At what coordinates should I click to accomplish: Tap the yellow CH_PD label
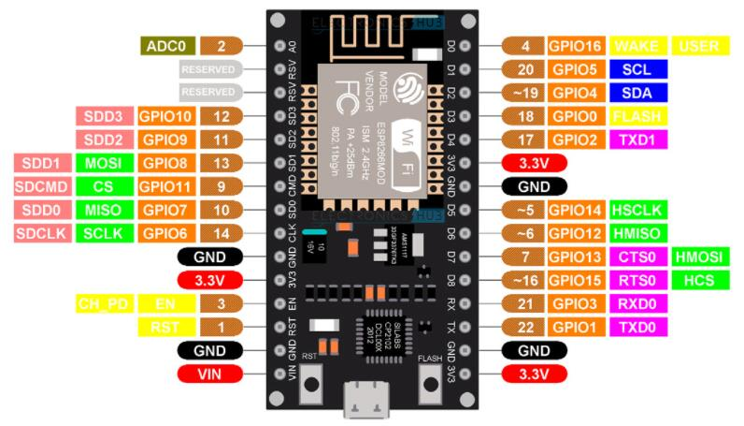(101, 304)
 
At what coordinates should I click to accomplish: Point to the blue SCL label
(637, 68)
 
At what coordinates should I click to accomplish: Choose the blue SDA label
(637, 92)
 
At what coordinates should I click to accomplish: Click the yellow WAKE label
(637, 45)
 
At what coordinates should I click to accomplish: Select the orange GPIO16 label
(576, 45)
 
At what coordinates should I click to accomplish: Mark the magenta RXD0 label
(637, 303)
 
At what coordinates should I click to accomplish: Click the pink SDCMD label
(39, 185)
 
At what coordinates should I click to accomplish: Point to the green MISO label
(101, 210)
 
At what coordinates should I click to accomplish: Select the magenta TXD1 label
(637, 140)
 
